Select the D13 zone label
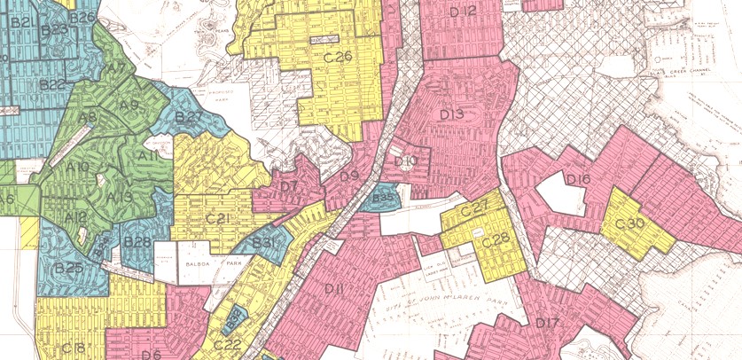451,114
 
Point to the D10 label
405,160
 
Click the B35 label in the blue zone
383,198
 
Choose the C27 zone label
475,207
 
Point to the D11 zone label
334,288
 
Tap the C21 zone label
218,218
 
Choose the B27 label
191,116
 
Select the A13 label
120,196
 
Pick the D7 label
288,186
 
